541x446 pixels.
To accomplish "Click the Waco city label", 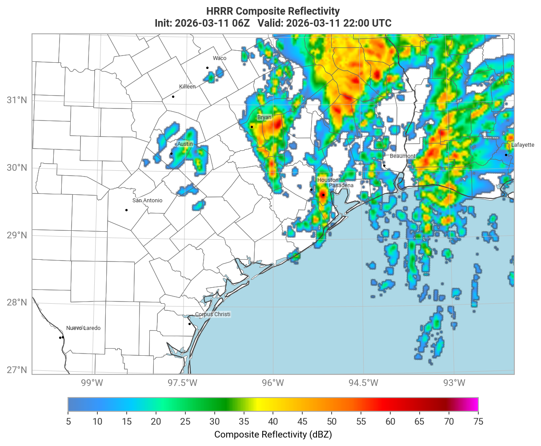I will pyautogui.click(x=220, y=58).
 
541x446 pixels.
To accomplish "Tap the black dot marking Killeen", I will pyautogui.click(x=173, y=96).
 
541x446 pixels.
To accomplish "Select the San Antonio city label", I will pyautogui.click(x=148, y=201).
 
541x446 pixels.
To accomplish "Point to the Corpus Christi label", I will pyautogui.click(x=213, y=314).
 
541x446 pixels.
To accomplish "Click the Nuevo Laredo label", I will pyautogui.click(x=84, y=328).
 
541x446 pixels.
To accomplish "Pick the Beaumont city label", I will pyautogui.click(x=403, y=156).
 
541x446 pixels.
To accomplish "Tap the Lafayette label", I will pyautogui.click(x=523, y=145).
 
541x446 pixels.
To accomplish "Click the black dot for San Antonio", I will pyautogui.click(x=126, y=210).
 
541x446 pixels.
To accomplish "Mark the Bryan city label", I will pyautogui.click(x=264, y=117).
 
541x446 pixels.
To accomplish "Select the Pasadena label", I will pyautogui.click(x=341, y=185).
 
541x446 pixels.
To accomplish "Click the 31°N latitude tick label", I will pyautogui.click(x=17, y=100).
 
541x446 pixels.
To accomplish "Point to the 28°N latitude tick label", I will pyautogui.click(x=17, y=303).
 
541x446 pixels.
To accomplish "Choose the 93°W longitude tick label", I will pyautogui.click(x=454, y=383).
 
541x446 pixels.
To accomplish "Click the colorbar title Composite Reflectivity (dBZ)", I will pyautogui.click(x=273, y=434).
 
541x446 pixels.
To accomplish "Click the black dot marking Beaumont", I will pyautogui.click(x=384, y=165).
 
